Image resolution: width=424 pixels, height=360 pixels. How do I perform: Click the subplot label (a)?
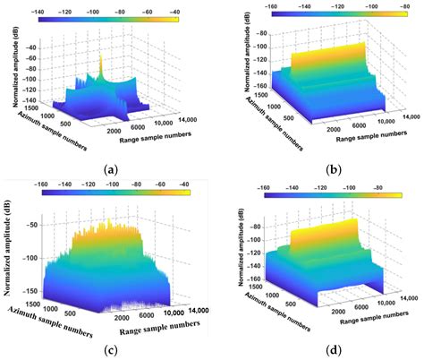pyautogui.click(x=111, y=168)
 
